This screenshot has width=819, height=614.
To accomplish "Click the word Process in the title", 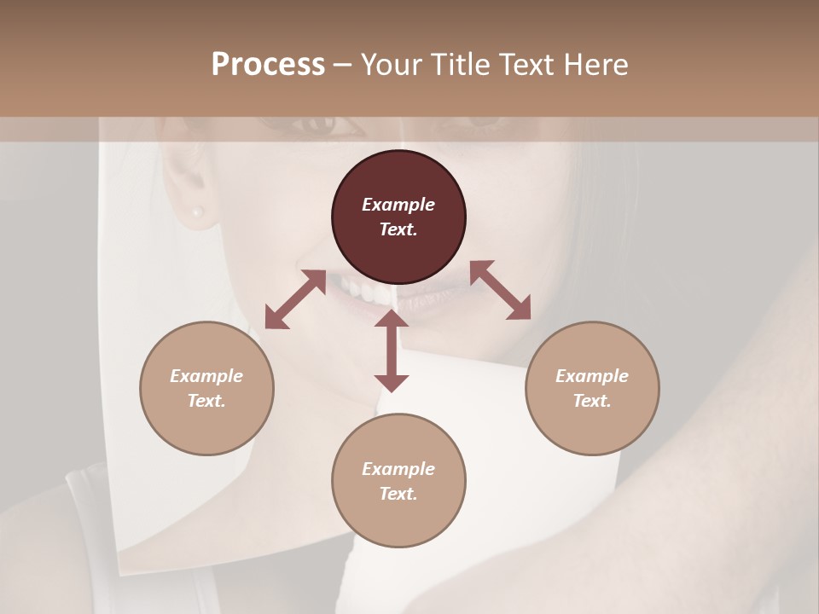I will click(x=268, y=65).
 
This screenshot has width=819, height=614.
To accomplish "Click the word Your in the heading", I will click(x=392, y=65).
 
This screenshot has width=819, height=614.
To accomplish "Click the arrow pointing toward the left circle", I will click(x=295, y=300).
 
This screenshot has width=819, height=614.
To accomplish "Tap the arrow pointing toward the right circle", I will click(x=501, y=290).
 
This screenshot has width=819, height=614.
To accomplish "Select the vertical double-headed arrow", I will click(x=392, y=350).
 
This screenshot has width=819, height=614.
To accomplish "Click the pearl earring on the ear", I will click(x=198, y=211).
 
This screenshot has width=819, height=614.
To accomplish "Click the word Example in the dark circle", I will click(x=398, y=205).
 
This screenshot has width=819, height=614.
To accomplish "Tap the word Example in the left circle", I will click(x=206, y=376).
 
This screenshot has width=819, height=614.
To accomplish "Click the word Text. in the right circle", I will click(x=592, y=401).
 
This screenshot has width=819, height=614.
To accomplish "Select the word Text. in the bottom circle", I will click(x=398, y=494).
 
